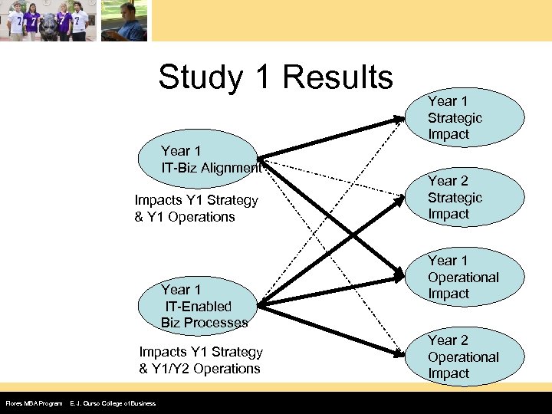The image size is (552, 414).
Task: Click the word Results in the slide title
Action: coord(337,77)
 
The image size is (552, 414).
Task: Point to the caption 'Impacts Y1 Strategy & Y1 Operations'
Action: coord(196,209)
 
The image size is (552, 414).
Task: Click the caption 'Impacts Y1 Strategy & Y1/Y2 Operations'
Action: coord(200,360)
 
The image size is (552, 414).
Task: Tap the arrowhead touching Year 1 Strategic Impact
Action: coord(399,118)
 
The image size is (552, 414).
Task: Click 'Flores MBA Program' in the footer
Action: coord(34,403)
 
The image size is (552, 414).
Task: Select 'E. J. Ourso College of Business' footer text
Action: coord(113,403)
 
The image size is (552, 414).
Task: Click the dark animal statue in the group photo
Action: coord(48,23)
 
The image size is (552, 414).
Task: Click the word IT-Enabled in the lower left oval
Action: coord(198,307)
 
